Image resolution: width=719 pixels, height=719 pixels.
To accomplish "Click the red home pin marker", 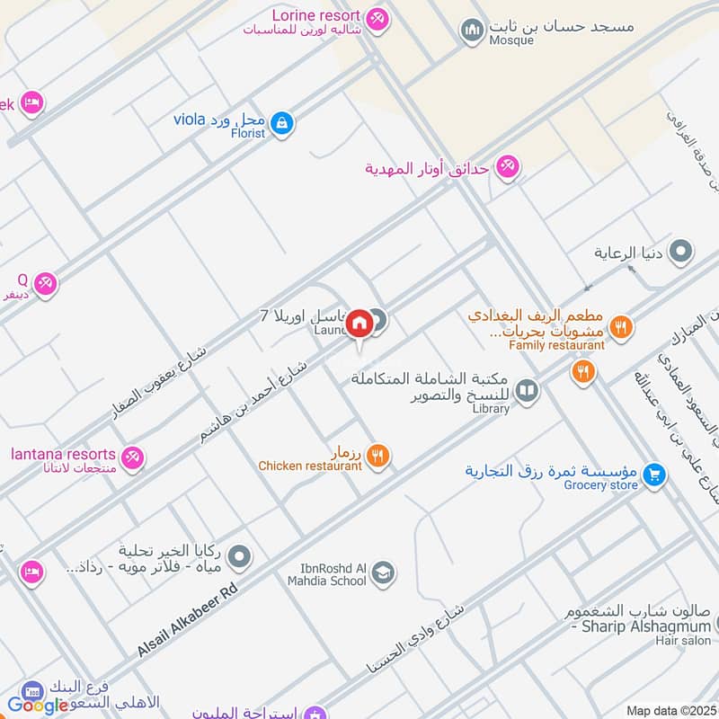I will point(359,323).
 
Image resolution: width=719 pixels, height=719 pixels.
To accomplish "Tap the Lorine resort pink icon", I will point(377,17).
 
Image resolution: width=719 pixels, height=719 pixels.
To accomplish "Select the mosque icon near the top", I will point(472,31).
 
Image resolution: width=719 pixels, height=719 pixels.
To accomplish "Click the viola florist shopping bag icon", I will point(282,123).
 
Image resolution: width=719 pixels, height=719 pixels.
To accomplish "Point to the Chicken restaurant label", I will point(309,466).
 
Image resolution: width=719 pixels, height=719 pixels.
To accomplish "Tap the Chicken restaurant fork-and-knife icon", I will point(378,457).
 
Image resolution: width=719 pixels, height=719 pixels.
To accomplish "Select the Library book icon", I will point(528,390).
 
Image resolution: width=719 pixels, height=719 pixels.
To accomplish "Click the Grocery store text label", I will point(600,485).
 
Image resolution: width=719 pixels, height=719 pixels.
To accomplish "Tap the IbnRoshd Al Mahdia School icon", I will point(383,573).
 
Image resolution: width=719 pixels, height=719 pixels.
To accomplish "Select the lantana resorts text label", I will point(63,454).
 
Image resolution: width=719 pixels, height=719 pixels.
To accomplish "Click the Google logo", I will point(38,705).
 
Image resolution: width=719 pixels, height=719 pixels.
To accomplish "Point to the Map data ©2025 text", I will point(670,711).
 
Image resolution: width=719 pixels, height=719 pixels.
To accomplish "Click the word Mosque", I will point(511,40).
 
